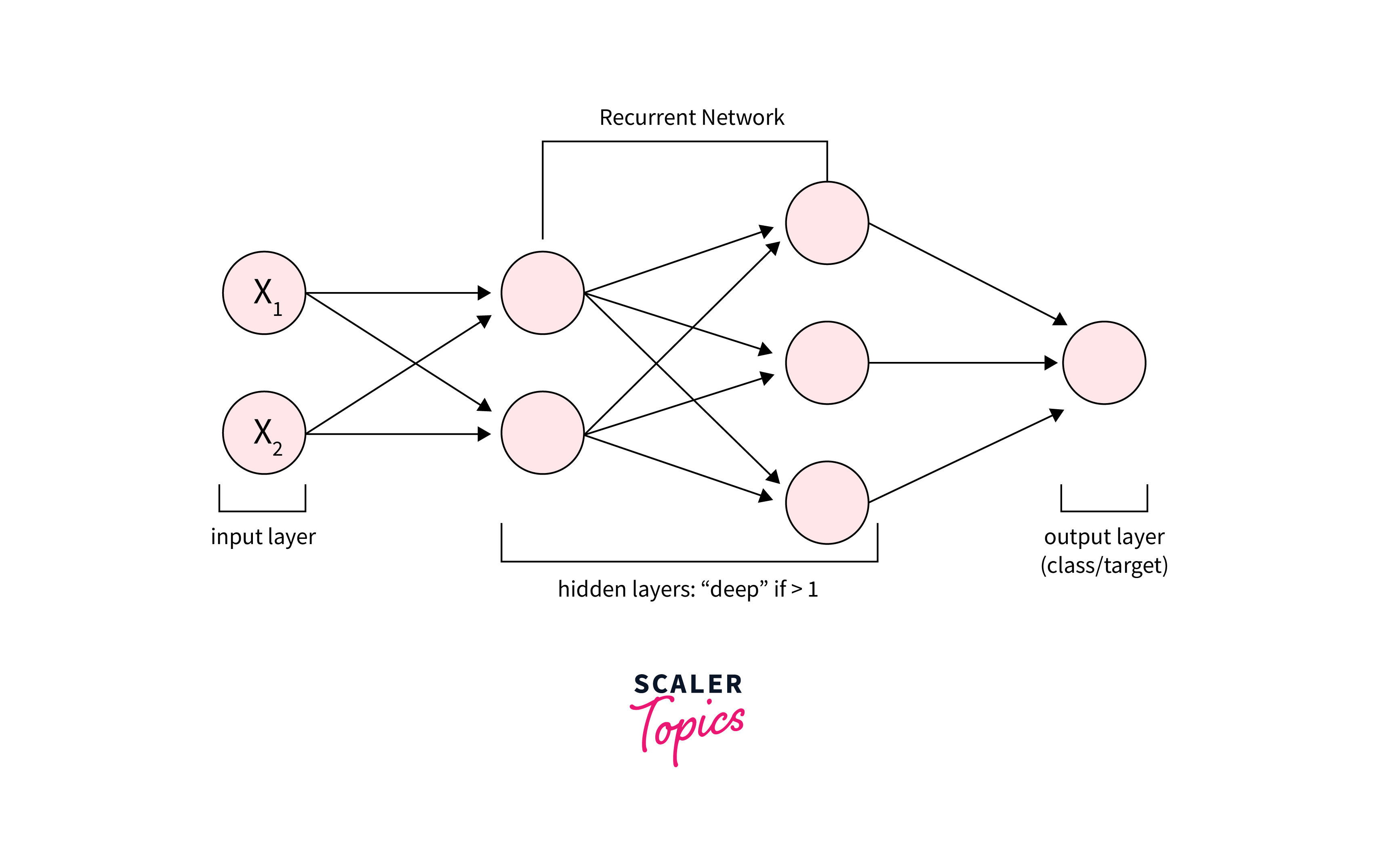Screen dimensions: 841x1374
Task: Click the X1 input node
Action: pyautogui.click(x=264, y=293)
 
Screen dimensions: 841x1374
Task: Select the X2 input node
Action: pyautogui.click(x=264, y=433)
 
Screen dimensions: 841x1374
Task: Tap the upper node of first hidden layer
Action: pyautogui.click(x=542, y=293)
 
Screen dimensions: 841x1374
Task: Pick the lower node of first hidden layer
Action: pyautogui.click(x=542, y=433)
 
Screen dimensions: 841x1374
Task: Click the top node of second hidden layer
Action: pyautogui.click(x=827, y=223)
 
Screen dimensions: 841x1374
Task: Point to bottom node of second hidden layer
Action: pyautogui.click(x=827, y=502)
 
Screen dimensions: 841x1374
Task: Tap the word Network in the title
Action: pyautogui.click(x=743, y=118)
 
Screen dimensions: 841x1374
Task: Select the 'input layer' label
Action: pyautogui.click(x=263, y=536)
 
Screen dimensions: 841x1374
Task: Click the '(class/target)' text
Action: pyautogui.click(x=1104, y=566)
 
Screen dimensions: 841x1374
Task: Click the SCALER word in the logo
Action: pyautogui.click(x=688, y=684)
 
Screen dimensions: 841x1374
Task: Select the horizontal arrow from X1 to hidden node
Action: pyautogui.click(x=396, y=293)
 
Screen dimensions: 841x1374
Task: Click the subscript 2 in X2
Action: pyautogui.click(x=277, y=449)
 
